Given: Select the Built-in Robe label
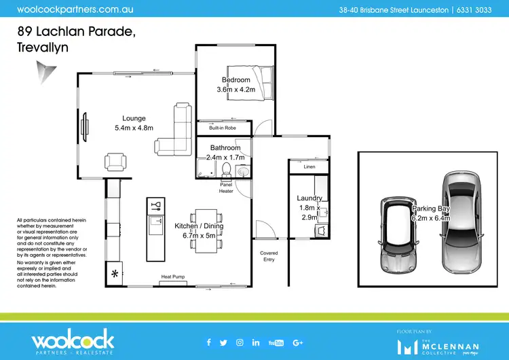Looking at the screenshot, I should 222,128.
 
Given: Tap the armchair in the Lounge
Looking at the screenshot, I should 115,162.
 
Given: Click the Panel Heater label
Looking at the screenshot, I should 226,188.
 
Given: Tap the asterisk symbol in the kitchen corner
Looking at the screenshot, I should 115,274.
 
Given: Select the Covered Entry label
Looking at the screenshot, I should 269,256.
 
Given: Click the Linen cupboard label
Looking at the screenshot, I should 310,166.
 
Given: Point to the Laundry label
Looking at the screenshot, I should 309,198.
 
